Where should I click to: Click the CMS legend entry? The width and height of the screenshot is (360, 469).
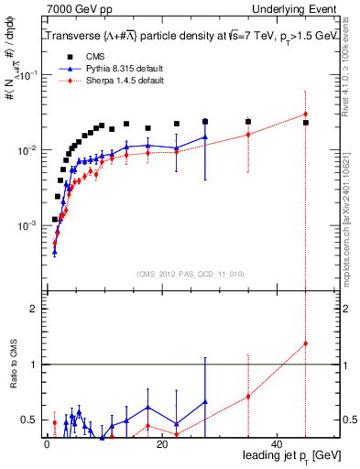click(x=82, y=56)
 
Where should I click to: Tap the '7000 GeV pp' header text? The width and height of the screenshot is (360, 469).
click(x=73, y=9)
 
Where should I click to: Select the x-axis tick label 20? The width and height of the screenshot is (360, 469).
click(x=162, y=444)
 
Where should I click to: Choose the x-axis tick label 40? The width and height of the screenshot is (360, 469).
click(x=277, y=444)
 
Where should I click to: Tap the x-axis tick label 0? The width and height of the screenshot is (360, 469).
click(x=47, y=444)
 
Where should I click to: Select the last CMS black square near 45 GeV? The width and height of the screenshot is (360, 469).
click(x=306, y=123)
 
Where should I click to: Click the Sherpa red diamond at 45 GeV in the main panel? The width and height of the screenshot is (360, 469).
click(x=306, y=115)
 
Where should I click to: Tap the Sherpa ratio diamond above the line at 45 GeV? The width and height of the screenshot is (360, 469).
click(x=306, y=344)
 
